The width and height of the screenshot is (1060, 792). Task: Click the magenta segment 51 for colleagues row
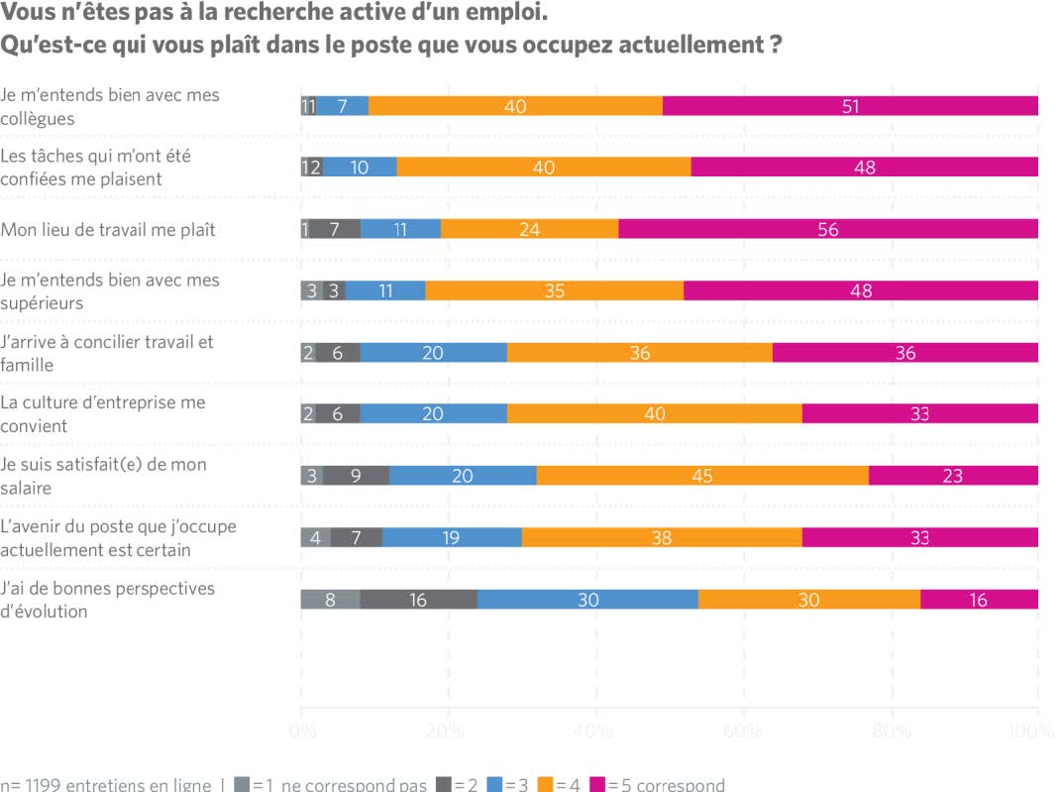(850, 106)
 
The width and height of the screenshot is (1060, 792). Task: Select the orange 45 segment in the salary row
(702, 476)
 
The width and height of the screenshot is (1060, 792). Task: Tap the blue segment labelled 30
(587, 599)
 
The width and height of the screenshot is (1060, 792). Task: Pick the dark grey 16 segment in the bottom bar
(418, 599)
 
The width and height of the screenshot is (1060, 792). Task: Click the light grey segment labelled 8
(330, 599)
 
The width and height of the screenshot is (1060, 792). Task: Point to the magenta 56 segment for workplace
(828, 229)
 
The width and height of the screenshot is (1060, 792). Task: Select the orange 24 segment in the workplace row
(529, 229)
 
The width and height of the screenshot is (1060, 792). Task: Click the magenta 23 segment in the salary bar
(953, 476)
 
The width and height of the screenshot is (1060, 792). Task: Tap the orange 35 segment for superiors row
(555, 290)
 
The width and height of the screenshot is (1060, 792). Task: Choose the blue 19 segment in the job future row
(452, 537)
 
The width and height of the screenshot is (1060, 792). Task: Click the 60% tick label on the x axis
(742, 732)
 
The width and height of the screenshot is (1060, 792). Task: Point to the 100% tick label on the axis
(1032, 732)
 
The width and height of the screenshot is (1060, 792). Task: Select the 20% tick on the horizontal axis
(446, 732)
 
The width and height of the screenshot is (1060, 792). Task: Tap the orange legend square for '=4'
(544, 784)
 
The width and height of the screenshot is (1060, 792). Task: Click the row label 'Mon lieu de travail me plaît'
(108, 229)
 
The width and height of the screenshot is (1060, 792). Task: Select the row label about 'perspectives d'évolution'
(108, 599)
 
